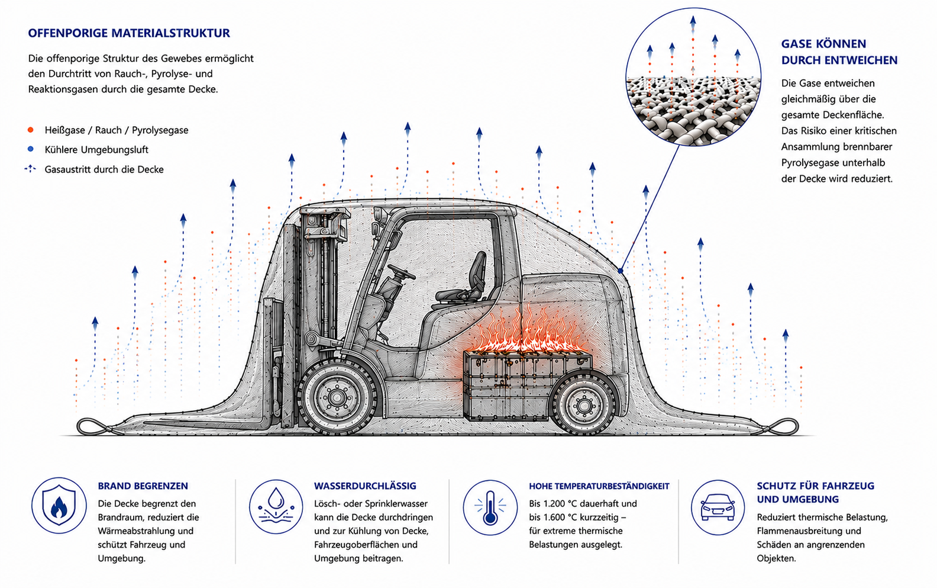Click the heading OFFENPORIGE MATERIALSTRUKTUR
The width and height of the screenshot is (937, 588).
coord(129,33)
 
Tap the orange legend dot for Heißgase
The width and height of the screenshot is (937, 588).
coord(31,130)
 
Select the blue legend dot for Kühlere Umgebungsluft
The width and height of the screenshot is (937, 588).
coord(31,149)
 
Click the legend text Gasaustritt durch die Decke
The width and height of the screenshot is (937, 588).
coord(104,169)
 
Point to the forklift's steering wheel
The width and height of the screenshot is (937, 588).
coord(401,272)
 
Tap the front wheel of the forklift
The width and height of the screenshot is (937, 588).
coord(337,396)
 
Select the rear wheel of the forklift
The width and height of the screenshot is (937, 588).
coord(583,404)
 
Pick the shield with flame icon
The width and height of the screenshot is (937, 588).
coord(59,506)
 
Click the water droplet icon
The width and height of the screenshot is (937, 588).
coord(276,506)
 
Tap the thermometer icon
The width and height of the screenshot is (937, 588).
coord(490,507)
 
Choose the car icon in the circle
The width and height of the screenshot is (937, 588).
coord(718,507)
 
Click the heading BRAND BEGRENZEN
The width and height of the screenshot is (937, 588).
coord(143,486)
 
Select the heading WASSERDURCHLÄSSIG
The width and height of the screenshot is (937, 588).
coord(365,486)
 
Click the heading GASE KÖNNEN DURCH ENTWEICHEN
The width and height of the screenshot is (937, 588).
coord(839,52)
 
